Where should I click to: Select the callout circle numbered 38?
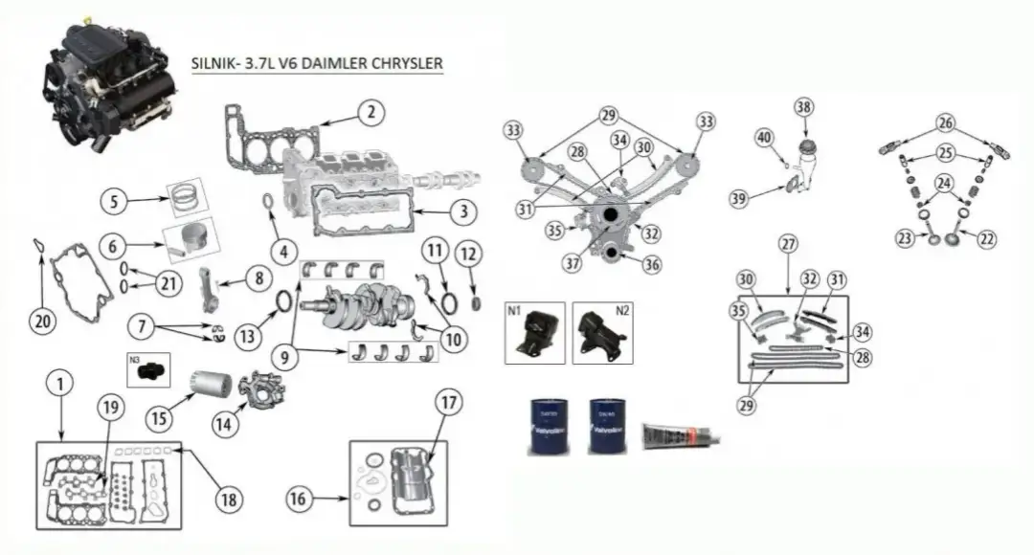(x=803, y=108)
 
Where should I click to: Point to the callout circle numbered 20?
(x=40, y=322)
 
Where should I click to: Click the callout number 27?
(x=788, y=244)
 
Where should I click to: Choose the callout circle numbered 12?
(x=468, y=255)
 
